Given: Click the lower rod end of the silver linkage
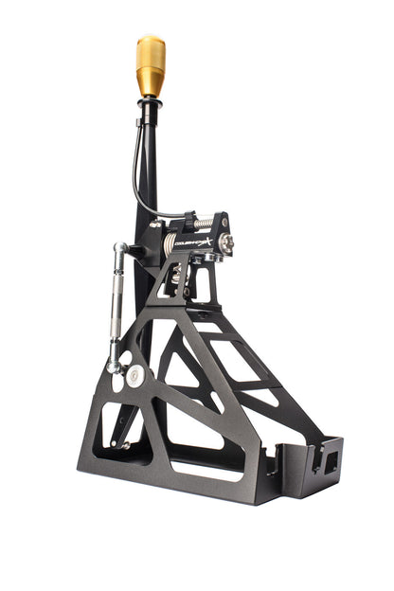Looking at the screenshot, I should click(115, 365).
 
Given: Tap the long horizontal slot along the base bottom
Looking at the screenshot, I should click(204, 470).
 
